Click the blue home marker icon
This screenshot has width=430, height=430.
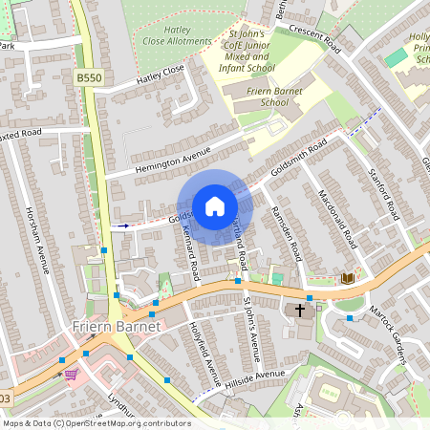215,205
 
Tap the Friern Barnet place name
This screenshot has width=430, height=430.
114,327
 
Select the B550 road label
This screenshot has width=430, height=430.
89,77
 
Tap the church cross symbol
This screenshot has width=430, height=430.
300,310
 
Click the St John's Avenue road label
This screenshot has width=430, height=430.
250,331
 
